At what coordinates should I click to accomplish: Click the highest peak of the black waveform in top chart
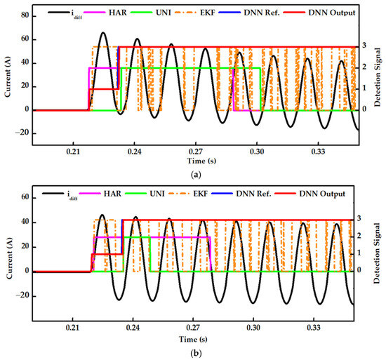(103, 32)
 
